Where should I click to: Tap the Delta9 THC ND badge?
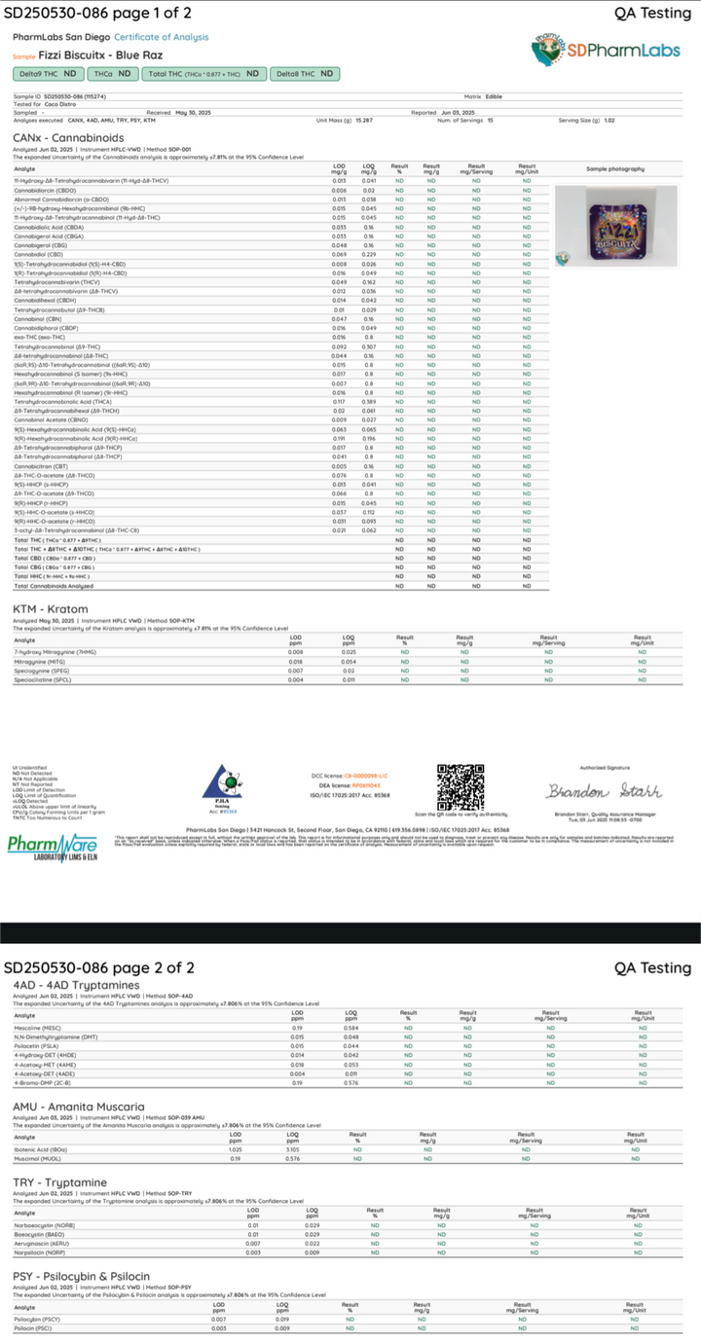tap(48, 73)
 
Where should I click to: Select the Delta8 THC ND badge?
tap(304, 73)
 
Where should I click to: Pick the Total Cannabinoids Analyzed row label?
tap(54, 586)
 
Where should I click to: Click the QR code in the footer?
tap(460, 787)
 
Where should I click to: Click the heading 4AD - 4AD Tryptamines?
tap(76, 985)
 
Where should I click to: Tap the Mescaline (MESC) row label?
tap(37, 1027)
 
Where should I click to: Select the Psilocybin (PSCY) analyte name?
tap(36, 1320)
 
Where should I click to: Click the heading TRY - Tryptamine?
tap(59, 1182)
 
